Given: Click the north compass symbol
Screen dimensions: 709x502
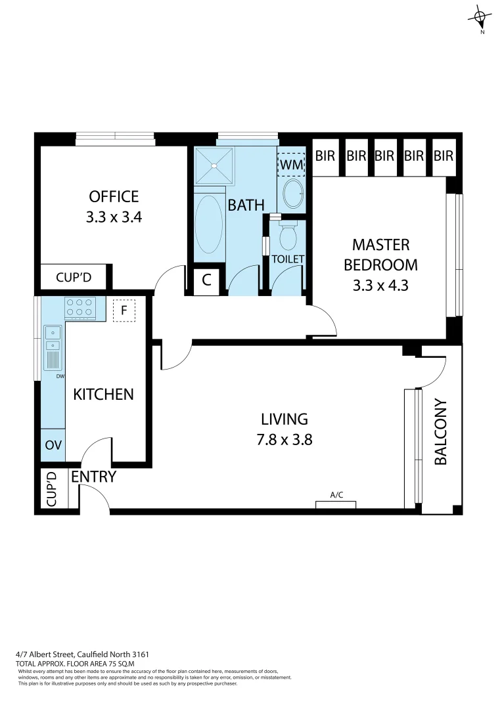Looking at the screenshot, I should (x=482, y=18).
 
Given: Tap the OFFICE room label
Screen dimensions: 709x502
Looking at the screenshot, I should (x=114, y=196).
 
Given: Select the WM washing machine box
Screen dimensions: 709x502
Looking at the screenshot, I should (x=291, y=165).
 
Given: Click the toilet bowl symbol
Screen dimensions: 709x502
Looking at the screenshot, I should (x=288, y=237).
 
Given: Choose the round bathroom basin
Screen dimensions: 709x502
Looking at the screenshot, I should (x=292, y=194).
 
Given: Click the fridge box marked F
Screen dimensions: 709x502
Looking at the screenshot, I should (x=124, y=311).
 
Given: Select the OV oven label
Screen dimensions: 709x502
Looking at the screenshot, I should (x=53, y=445).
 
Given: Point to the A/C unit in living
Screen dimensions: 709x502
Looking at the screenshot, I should (x=336, y=504).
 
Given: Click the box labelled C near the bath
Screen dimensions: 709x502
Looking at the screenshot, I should (x=206, y=280).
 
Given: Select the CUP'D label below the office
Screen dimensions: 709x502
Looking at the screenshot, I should (x=73, y=278).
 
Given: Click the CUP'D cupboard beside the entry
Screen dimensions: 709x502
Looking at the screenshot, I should (x=53, y=490).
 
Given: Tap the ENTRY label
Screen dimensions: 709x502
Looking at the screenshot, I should (x=93, y=477).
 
